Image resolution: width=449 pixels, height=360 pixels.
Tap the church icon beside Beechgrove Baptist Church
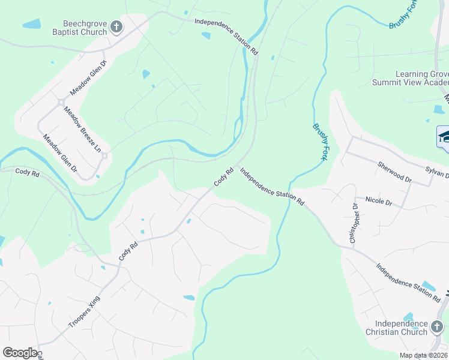(116, 26)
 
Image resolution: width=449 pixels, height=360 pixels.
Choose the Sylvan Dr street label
(437, 172)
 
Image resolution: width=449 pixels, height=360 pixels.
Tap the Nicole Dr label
(370, 200)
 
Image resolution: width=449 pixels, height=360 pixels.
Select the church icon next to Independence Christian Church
(436, 328)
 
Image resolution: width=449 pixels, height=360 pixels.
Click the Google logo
(20, 353)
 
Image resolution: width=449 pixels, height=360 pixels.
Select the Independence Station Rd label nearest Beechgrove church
(226, 37)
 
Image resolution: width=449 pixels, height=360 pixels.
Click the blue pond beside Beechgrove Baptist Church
(31, 25)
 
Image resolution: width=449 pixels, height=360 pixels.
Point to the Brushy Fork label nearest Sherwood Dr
(322, 140)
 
